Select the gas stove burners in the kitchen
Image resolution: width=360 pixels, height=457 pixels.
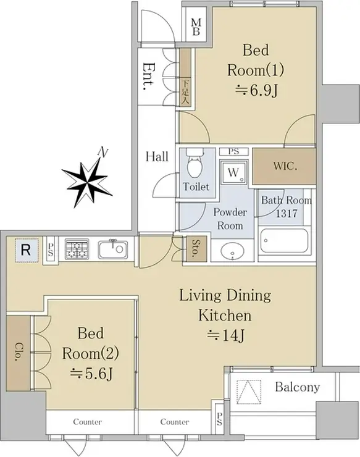[77, 249]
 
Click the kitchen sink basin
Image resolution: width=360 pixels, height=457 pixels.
[113, 249]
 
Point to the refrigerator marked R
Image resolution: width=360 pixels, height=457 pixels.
[26, 250]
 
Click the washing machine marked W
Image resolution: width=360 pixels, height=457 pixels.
[234, 172]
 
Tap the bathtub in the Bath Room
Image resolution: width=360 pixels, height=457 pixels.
[284, 241]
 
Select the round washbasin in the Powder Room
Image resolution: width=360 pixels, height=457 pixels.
[232, 251]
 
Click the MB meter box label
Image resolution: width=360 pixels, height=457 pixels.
[196, 27]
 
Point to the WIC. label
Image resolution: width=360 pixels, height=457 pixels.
[285, 166]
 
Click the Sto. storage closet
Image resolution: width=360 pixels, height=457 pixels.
[196, 249]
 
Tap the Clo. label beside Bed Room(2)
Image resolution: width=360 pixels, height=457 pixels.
[19, 352]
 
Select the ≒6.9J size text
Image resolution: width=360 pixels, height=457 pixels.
[256, 91]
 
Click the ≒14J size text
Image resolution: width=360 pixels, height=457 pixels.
[225, 335]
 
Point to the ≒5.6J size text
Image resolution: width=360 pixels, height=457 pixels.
[91, 374]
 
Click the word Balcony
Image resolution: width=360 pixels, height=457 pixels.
[298, 387]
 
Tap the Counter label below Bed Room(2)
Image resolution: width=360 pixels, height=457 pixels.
[88, 421]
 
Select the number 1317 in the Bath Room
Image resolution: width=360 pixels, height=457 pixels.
[287, 213]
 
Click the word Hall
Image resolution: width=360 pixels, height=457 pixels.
[157, 156]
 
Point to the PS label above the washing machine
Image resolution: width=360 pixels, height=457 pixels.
[233, 151]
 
